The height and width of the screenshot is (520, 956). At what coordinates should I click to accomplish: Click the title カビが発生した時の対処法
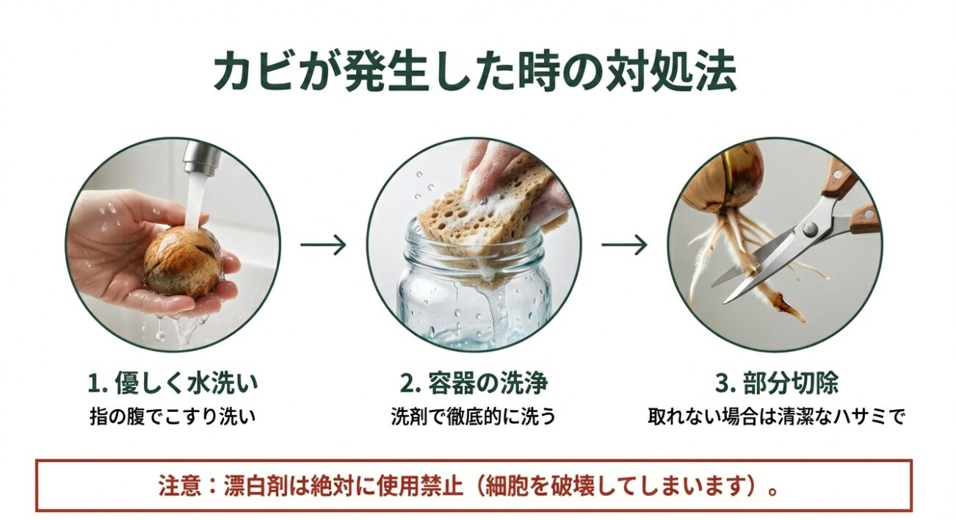(x=474, y=72)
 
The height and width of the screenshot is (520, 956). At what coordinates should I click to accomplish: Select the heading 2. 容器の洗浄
(x=474, y=383)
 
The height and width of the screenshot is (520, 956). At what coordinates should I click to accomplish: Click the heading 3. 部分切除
(x=776, y=383)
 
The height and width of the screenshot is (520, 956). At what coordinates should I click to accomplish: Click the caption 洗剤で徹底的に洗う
(x=474, y=416)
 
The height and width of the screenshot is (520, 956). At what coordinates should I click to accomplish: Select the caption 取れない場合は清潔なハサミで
(x=776, y=416)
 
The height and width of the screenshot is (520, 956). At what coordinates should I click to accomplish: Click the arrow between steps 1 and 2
(x=323, y=245)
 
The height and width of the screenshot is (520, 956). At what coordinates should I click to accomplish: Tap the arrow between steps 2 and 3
(x=624, y=245)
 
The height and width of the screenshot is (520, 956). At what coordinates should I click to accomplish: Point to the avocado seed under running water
(x=181, y=261)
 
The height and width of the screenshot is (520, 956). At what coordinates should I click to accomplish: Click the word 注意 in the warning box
(x=176, y=486)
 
